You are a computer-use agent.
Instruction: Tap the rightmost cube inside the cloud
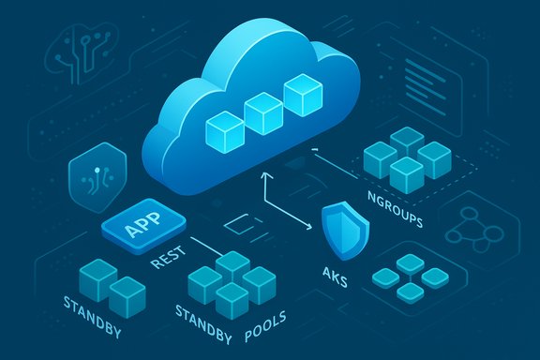click(x=303, y=97)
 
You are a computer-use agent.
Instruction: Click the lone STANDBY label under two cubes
click(x=92, y=305)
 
